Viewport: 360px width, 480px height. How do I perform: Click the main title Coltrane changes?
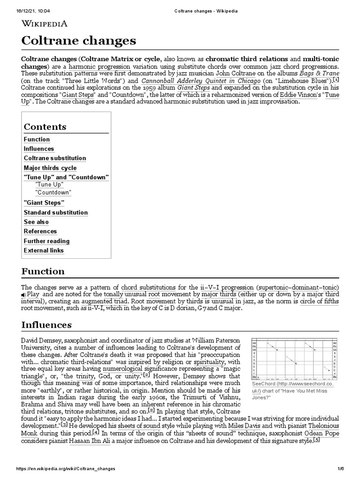pos(79,41)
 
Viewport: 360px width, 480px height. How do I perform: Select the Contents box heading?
pos(45,127)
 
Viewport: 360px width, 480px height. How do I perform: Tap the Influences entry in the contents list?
pos(39,149)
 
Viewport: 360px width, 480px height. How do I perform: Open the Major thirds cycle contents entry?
pos(50,168)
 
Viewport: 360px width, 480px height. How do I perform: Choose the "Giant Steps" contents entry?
pos(44,202)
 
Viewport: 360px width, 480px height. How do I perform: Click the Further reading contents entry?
pos(46,241)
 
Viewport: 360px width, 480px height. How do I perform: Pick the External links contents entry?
pos(44,250)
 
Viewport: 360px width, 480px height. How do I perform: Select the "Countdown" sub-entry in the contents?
pos(53,193)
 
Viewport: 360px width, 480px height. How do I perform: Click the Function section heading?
pos(43,271)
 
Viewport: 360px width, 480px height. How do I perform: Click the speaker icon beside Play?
pos(23,294)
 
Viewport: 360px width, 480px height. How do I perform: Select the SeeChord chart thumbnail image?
pos(294,360)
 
